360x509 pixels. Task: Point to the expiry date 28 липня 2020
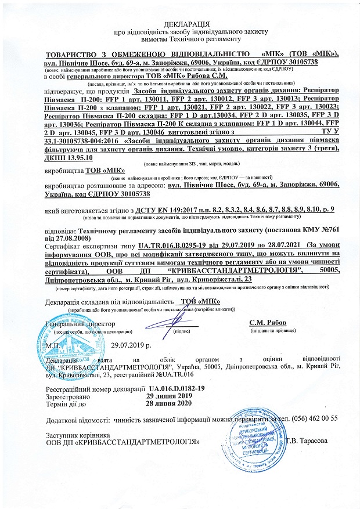[x=168, y=403]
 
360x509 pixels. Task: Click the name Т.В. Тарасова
[x=308, y=441]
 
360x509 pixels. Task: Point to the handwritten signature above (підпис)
[x=174, y=316]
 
